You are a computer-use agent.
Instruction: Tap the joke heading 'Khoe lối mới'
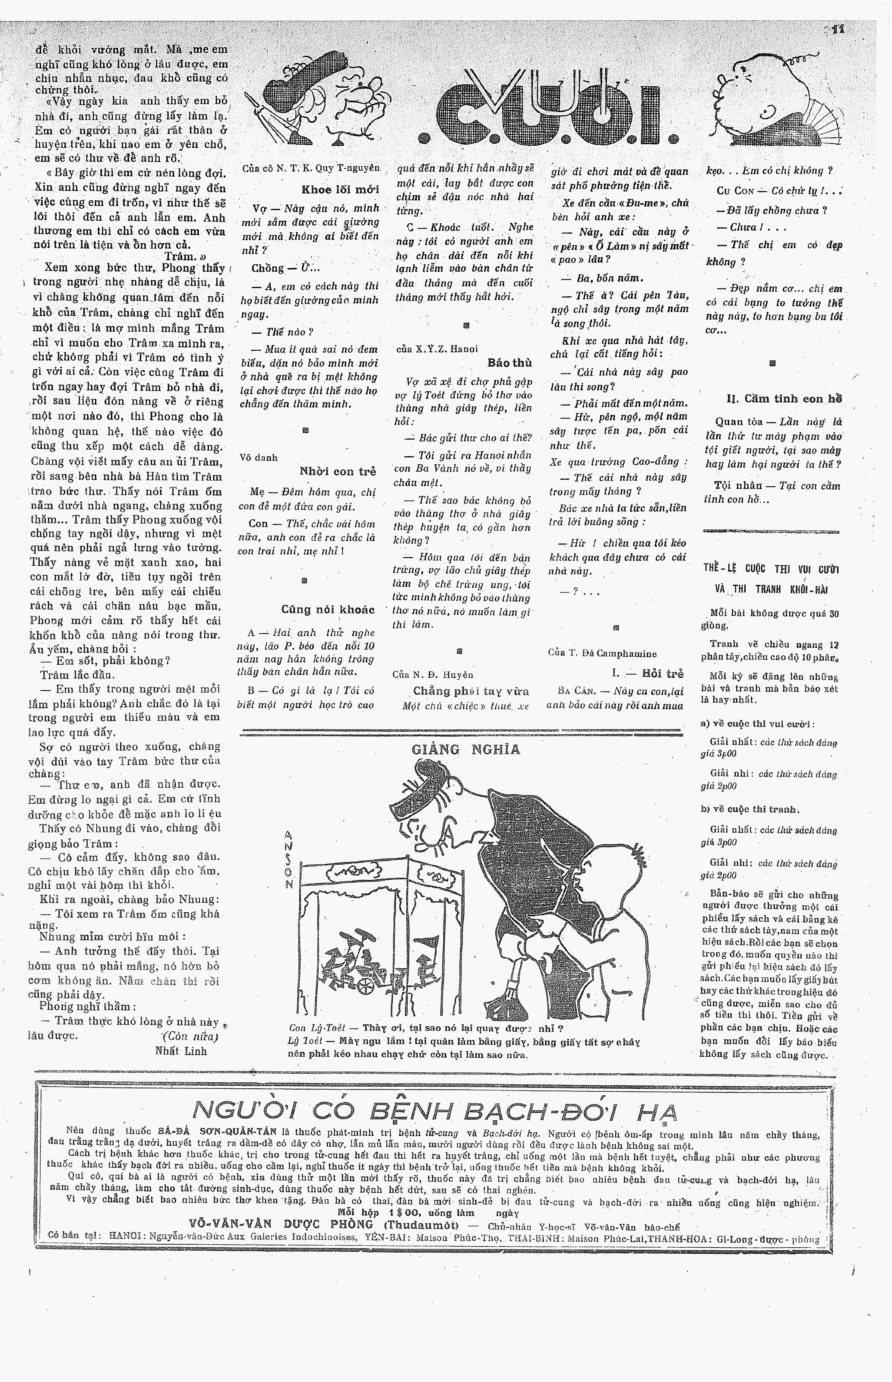[340, 190]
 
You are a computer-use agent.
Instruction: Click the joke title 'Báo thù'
[510, 363]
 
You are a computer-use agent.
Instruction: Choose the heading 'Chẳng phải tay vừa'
[471, 691]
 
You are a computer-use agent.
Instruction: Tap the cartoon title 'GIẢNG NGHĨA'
[466, 749]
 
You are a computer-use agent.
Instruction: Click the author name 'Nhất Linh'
[181, 1051]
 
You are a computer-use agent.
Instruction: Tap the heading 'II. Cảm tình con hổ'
[784, 399]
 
